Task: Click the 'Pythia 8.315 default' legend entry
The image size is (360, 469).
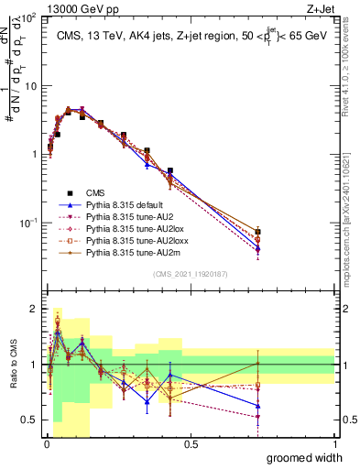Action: click(x=126, y=206)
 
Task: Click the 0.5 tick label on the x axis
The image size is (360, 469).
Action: click(x=191, y=444)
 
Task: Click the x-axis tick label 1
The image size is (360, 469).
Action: click(x=334, y=444)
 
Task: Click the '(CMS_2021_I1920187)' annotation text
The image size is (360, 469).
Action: click(x=191, y=273)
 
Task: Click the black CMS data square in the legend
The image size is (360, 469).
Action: click(x=70, y=193)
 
